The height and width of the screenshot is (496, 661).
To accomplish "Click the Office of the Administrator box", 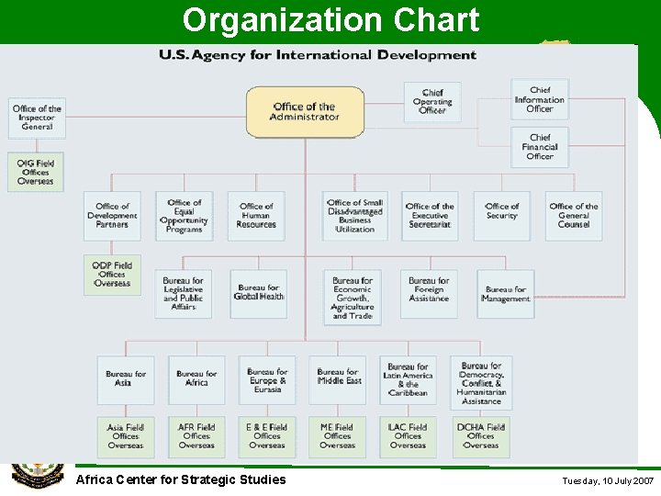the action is tap(305, 112).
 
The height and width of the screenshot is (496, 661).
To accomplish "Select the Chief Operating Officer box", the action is tap(432, 102).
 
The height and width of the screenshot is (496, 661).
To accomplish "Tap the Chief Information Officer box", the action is tap(540, 99).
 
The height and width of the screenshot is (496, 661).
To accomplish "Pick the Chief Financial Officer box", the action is tap(540, 147).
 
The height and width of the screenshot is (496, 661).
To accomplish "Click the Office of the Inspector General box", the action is tap(37, 118).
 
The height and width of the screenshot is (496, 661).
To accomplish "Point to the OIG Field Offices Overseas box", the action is tap(36, 172).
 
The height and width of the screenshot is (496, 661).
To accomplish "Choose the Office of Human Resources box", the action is tap(256, 216).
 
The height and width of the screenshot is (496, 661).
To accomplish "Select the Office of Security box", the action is tap(502, 216).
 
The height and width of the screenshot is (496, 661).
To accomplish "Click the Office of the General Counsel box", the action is tap(574, 216).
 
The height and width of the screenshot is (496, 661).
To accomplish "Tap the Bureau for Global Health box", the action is tap(258, 293).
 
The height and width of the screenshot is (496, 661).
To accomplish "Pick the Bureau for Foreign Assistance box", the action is tap(429, 293).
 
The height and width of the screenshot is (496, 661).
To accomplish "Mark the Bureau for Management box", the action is tap(506, 294).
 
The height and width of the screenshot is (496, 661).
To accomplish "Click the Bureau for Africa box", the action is tap(196, 379).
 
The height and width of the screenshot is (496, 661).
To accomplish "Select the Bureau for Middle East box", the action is tap(339, 379).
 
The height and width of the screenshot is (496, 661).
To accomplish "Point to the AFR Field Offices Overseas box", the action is tap(196, 437).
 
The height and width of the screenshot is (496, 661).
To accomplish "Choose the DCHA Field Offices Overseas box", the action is tap(480, 437).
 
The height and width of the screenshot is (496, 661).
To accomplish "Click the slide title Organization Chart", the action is tap(330, 20).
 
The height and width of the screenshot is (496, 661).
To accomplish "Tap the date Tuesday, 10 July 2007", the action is tap(608, 481).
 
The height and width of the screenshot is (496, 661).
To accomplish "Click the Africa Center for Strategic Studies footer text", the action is tap(181, 479).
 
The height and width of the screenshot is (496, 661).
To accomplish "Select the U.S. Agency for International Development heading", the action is tap(318, 55).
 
